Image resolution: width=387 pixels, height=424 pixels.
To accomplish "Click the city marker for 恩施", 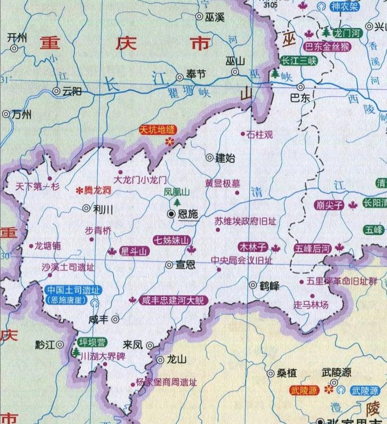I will coord(172,214).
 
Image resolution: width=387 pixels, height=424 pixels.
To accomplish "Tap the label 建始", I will coord(225,158).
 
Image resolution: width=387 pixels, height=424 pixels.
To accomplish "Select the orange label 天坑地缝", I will coord(157,130).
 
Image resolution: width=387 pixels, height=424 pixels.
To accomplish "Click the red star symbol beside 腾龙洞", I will coord(79,191).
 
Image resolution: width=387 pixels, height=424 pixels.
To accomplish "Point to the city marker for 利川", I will coord(86,208).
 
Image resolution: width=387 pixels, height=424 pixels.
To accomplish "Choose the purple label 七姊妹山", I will coord(171,240).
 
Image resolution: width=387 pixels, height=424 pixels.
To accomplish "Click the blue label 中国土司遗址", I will coord(74,290).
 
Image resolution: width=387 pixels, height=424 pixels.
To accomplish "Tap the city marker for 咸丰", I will coord(115,319).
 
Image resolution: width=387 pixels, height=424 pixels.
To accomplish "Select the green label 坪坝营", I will coord(92,342).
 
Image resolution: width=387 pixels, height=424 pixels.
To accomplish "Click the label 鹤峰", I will coord(269,286).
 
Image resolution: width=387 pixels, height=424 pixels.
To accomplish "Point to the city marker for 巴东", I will coord(301,87).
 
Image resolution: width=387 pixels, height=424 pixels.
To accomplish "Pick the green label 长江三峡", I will coord(298,61).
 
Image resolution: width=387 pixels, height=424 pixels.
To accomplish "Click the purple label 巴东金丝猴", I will coord(327,47).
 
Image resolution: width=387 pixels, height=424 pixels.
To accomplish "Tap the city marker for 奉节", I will coord(180,77).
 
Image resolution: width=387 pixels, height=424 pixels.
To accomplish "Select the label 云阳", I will coord(72,92).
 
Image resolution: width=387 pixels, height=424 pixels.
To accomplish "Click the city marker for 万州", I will coord(6,115).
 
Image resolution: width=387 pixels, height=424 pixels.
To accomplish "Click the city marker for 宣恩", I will coord(169,265).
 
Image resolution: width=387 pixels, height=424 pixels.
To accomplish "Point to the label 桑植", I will coord(287,373).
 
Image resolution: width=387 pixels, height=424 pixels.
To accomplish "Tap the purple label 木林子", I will coord(253,247).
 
